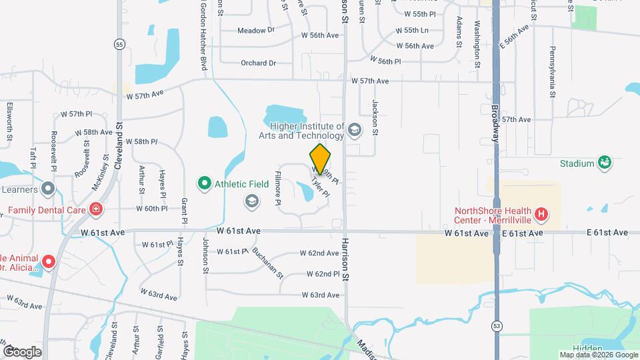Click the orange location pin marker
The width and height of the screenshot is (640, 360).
tap(320, 159)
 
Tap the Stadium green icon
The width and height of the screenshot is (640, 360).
tap(605, 163)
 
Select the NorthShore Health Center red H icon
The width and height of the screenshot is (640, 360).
tap(542, 215)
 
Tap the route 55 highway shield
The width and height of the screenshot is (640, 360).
tap(119, 44)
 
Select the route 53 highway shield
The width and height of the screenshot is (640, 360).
tap(497, 325)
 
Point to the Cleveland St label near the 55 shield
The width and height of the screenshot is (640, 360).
tap(119, 143)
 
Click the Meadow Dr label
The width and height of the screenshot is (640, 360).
tap(256, 30)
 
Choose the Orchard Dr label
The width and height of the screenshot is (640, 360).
tap(258, 63)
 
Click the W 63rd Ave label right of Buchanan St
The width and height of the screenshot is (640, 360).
tap(321, 295)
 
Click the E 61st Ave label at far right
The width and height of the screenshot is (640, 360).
tap(607, 233)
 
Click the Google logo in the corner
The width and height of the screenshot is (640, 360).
tap(22, 351)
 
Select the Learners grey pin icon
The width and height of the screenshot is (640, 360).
tap(47, 189)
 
